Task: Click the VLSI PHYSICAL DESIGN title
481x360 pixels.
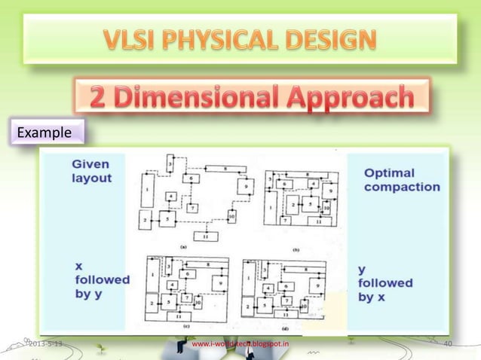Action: coord(240,38)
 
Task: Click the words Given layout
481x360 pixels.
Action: coord(90,171)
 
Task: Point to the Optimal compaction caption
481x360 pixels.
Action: coord(401,179)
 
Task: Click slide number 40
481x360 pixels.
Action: coord(448,345)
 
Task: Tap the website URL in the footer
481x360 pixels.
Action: coord(240,345)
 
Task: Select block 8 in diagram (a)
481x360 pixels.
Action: coord(216,169)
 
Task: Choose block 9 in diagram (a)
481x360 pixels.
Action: coord(244,185)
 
